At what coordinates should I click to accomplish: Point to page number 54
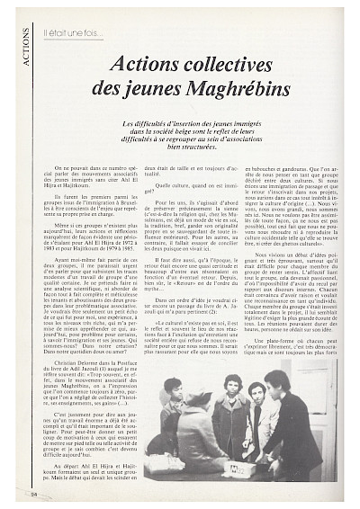pyautogui.click(x=33, y=493)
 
